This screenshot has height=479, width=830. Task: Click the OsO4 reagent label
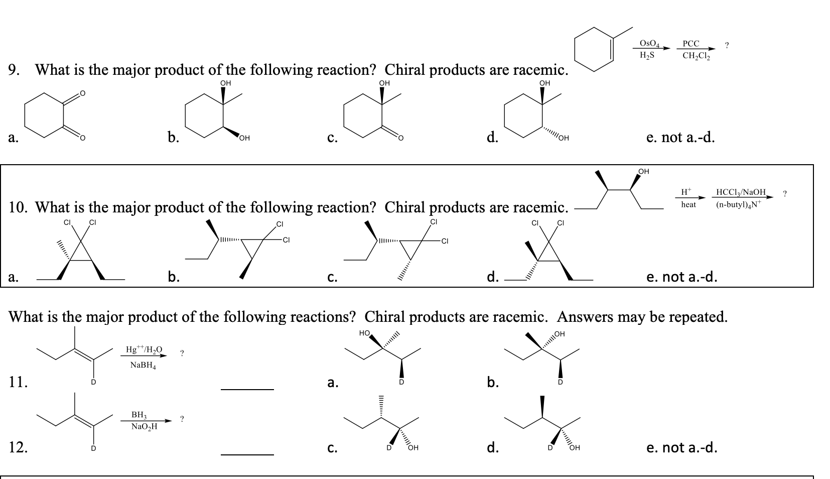pyautogui.click(x=651, y=43)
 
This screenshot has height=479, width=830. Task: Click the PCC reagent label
pyautogui.click(x=691, y=44)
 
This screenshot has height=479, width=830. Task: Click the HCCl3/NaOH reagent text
pyautogui.click(x=741, y=192)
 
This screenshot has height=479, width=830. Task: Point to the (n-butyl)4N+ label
pyautogui.click(x=738, y=204)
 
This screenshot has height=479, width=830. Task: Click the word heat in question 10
pyautogui.click(x=688, y=204)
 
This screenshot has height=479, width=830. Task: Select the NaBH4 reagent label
pyautogui.click(x=143, y=365)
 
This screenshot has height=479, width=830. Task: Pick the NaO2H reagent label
pyautogui.click(x=144, y=427)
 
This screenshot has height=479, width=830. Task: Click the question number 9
pyautogui.click(x=15, y=69)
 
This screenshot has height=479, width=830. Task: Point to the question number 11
pyautogui.click(x=18, y=382)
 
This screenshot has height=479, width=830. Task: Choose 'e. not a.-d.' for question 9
pyautogui.click(x=680, y=137)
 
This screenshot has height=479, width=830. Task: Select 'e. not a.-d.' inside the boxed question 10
pyautogui.click(x=682, y=277)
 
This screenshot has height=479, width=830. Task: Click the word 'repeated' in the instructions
pyautogui.click(x=690, y=317)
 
